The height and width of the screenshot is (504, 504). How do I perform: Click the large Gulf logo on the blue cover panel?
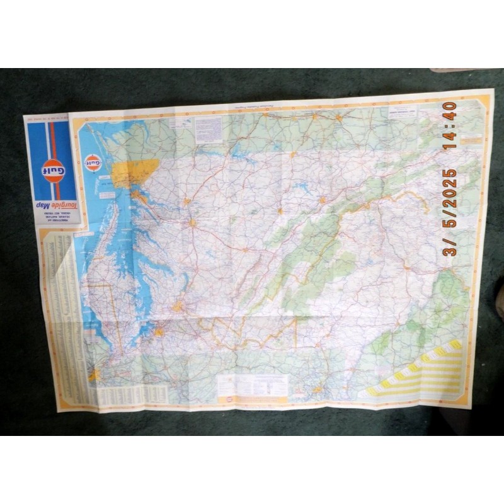53,170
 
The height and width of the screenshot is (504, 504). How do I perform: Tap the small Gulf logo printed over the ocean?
93,163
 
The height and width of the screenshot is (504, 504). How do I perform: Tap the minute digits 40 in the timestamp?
450,111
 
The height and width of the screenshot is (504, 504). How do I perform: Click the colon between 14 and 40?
450,124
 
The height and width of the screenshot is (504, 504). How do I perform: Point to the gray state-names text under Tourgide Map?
53,217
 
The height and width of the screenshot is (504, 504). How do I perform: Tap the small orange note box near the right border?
471,140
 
